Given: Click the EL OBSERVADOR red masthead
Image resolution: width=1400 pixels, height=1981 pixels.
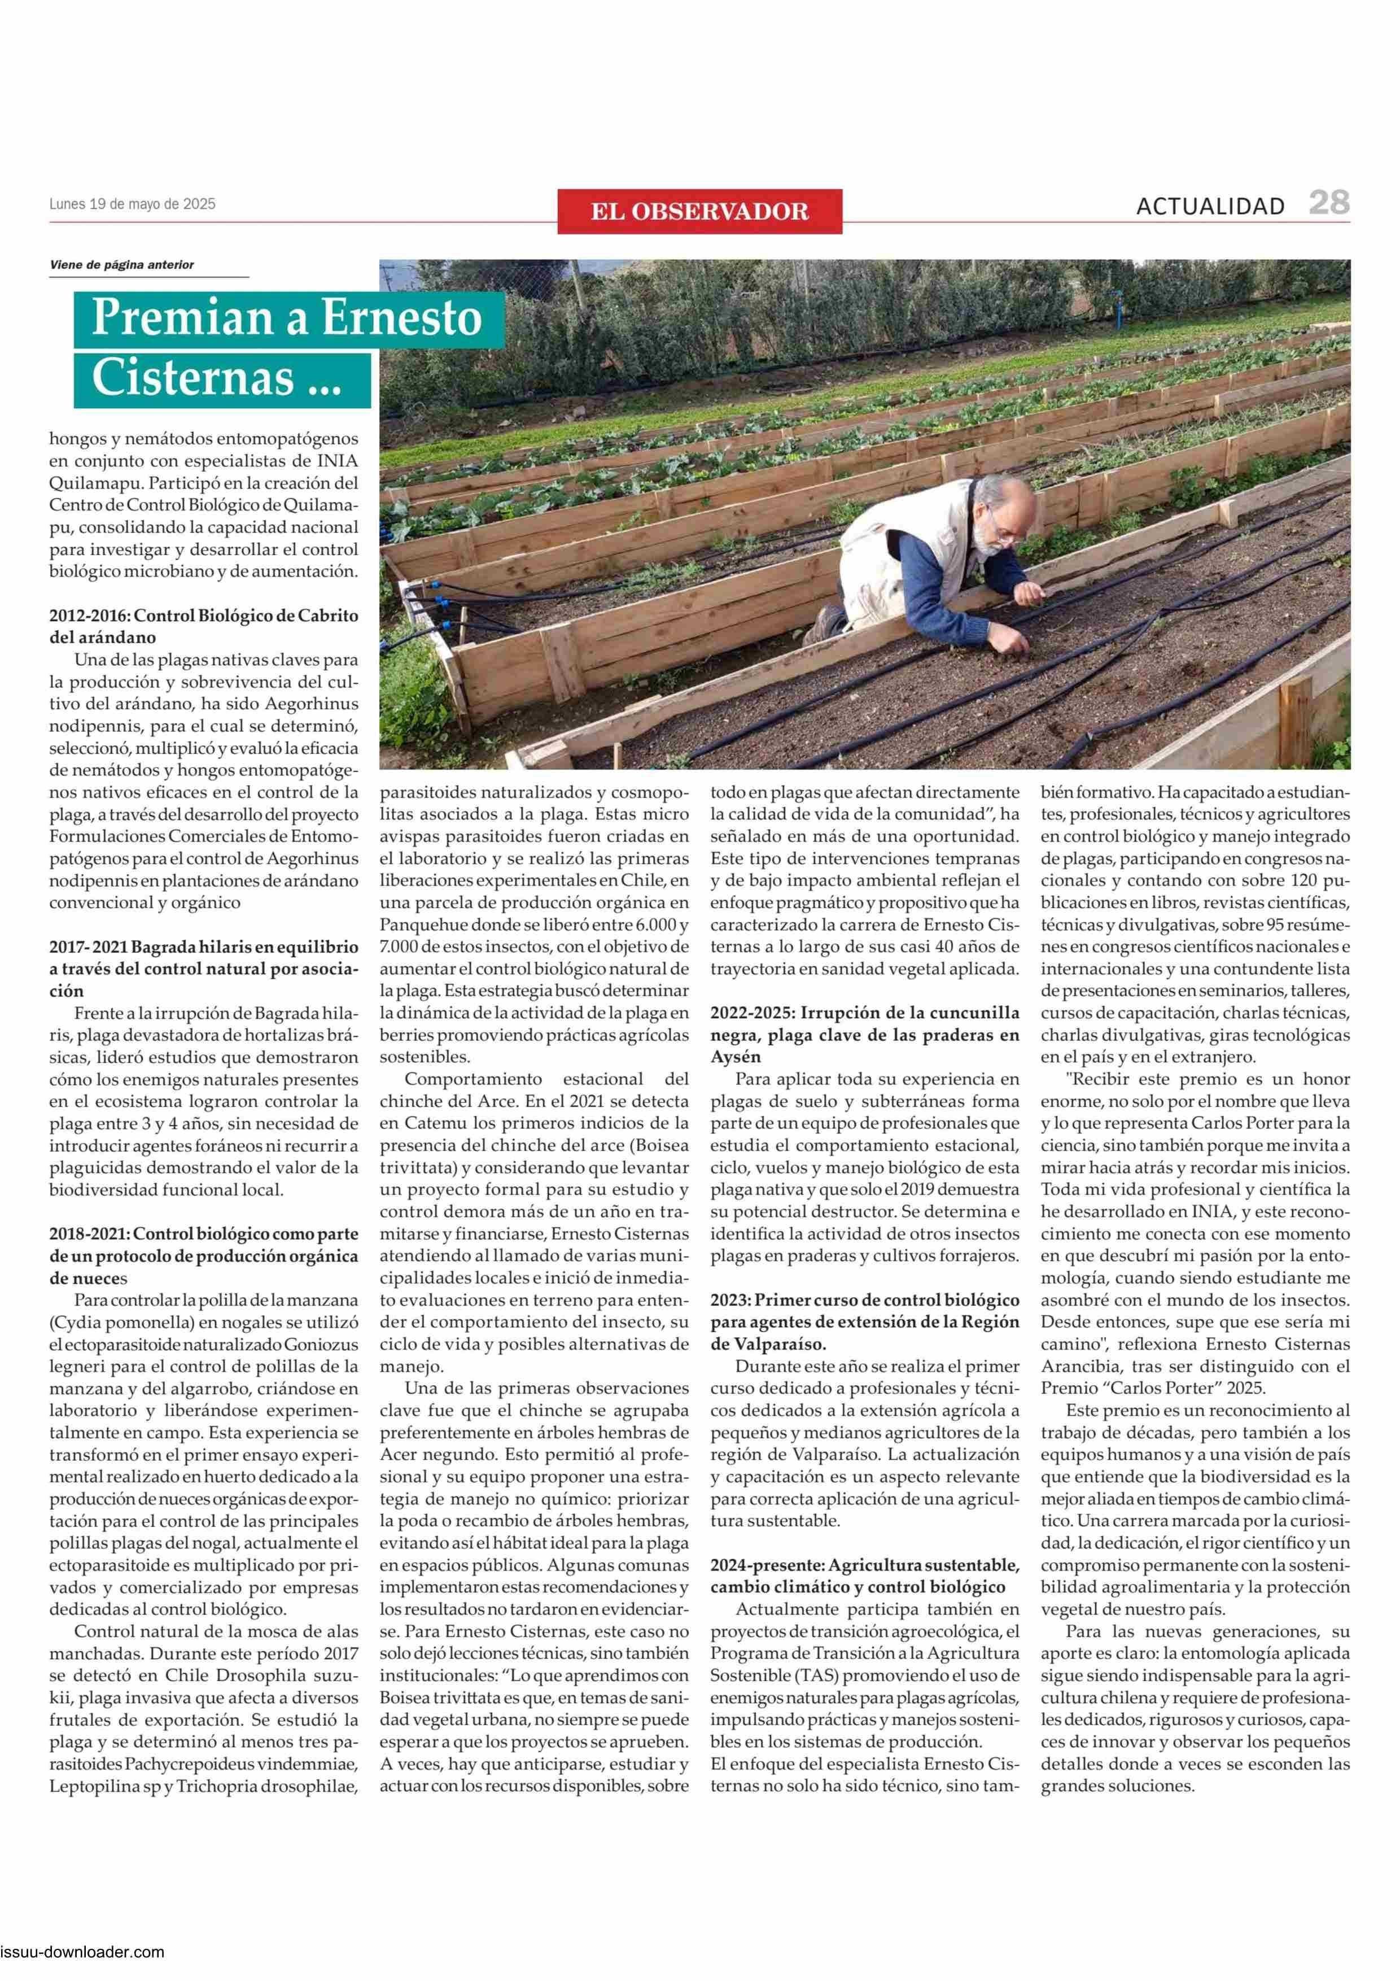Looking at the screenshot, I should [699, 211].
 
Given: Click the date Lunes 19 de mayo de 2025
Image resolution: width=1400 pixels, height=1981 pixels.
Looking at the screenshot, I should [132, 204].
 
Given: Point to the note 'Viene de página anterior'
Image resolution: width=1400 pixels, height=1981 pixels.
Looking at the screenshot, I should [121, 265].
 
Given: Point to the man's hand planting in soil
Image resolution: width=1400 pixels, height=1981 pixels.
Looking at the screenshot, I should [1018, 643].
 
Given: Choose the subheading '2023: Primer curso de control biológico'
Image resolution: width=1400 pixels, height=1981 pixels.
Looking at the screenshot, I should [864, 1301].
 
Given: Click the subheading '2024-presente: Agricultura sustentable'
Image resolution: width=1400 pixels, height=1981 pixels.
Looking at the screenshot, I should [864, 1565].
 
